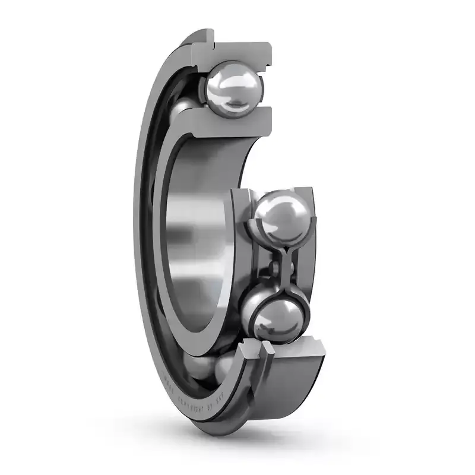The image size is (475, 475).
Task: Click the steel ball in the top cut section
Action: [233, 88]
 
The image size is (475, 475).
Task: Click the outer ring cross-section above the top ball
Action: [237, 50]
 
